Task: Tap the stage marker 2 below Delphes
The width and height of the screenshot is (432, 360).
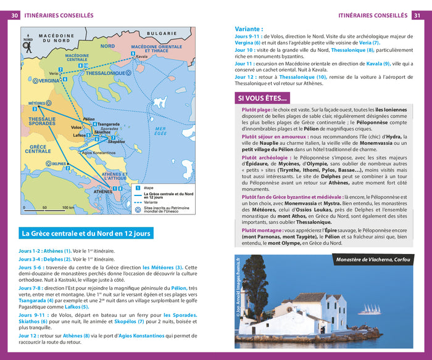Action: coord(67,168)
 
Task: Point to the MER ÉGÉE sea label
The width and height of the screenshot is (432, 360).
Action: coord(160,131)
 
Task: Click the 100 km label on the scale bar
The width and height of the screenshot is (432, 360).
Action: coord(69,208)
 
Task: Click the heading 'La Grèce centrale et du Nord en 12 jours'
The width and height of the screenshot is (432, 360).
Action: coord(86,234)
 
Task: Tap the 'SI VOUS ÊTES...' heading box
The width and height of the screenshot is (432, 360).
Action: coord(262,97)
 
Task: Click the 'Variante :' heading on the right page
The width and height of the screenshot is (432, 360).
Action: coord(249,28)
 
